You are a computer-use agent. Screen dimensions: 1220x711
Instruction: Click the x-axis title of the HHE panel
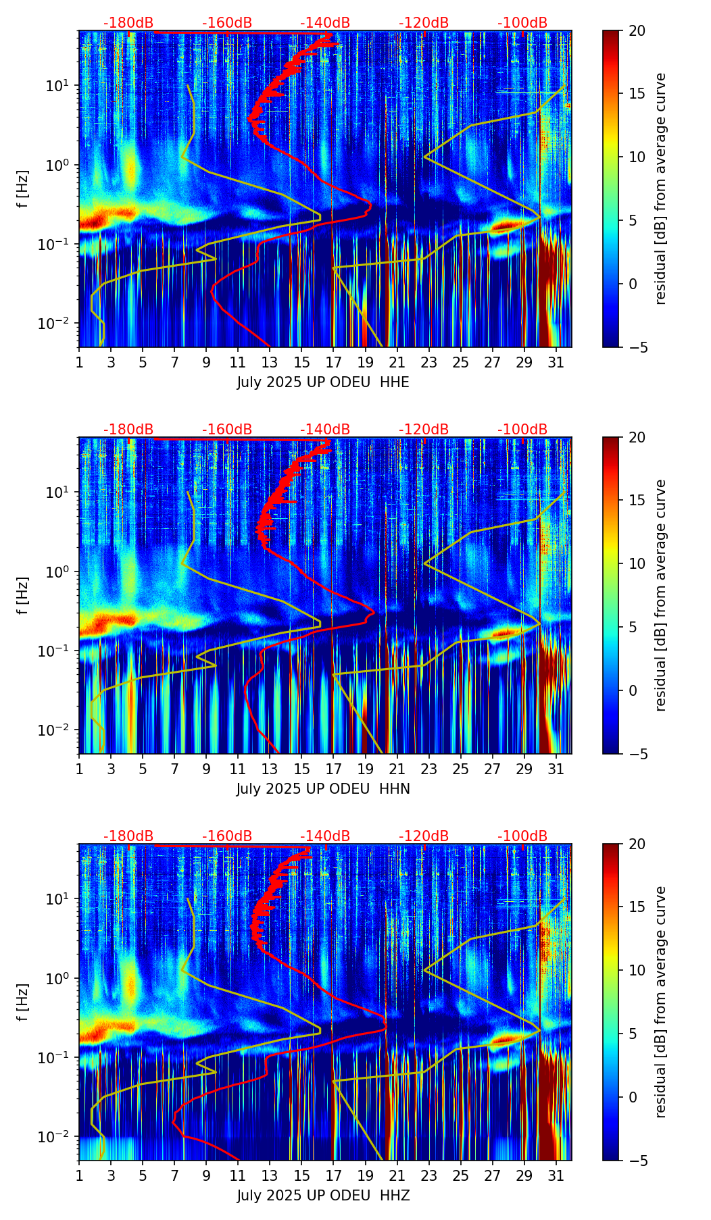click(323, 382)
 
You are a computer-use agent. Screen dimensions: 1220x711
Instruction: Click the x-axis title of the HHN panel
click(323, 789)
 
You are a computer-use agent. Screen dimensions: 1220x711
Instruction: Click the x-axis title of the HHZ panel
click(323, 1196)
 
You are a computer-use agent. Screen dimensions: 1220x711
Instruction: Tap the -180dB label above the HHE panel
click(128, 23)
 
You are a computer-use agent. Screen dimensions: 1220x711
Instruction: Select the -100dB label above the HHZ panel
click(522, 836)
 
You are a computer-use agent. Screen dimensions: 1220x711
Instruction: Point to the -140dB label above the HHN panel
click(325, 430)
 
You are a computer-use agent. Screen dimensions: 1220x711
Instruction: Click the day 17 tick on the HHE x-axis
click(333, 362)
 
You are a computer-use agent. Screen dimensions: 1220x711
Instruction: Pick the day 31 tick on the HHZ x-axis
click(556, 1175)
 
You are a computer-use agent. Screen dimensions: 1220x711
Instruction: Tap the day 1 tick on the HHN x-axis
click(79, 769)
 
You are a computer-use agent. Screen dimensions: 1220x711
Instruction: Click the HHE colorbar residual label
click(660, 188)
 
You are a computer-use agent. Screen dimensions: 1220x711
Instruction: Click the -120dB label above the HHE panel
click(424, 23)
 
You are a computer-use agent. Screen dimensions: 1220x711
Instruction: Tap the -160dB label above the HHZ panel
click(227, 836)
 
